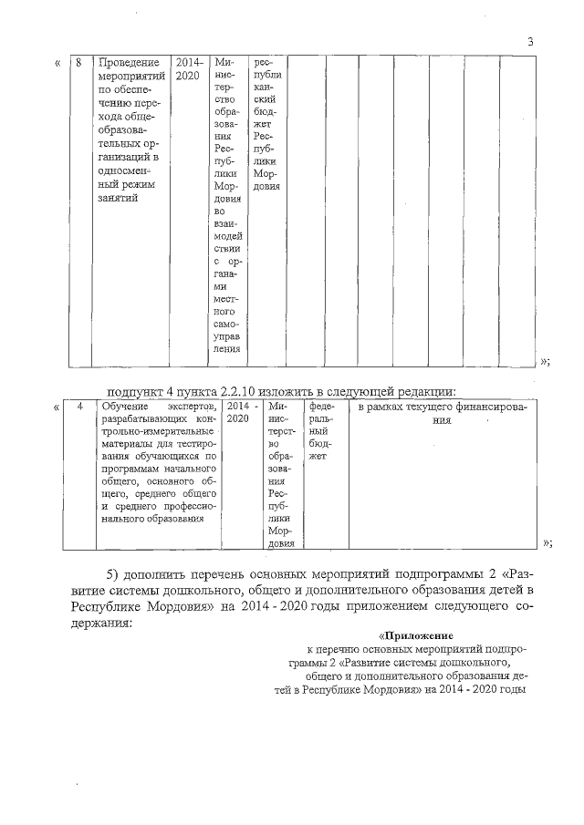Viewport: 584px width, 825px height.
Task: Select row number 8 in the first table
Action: (79, 62)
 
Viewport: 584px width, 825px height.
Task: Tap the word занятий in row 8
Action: (119, 199)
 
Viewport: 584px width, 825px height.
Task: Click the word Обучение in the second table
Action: (127, 407)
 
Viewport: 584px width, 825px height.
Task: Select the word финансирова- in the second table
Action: (489, 407)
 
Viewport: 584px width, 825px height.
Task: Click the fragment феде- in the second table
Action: (322, 407)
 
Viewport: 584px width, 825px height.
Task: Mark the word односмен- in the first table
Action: (128, 171)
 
